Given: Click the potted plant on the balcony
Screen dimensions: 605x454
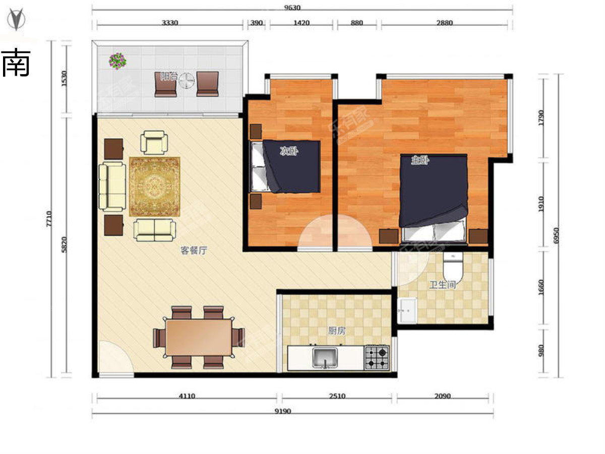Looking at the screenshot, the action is [117, 61].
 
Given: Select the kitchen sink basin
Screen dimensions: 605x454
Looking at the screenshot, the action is [325, 358].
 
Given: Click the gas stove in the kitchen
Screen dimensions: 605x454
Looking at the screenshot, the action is [377, 358].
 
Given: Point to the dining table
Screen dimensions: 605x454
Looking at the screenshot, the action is [199, 337].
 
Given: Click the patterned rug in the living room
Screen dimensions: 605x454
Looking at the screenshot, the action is [155, 187].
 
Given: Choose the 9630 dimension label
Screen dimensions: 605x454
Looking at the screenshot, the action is [292, 8].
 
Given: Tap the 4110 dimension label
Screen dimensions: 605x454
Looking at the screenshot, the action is [187, 396].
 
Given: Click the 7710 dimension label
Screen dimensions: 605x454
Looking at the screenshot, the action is [49, 219].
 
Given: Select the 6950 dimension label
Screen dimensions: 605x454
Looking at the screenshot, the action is [556, 236].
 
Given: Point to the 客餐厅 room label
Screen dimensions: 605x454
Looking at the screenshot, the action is [194, 250].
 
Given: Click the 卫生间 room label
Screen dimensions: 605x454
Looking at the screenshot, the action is [443, 285].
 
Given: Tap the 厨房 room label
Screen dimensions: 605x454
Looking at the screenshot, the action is [337, 330].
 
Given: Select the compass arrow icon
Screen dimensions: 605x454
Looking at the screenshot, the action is [16, 19].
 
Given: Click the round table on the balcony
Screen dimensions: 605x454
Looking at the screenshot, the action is [187, 81].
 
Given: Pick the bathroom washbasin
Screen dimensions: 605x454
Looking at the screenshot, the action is [408, 310].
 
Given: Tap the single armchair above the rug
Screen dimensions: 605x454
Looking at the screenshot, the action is [154, 143].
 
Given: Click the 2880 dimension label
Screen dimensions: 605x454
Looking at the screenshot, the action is [444, 23].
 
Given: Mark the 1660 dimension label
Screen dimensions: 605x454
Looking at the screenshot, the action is [541, 287].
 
